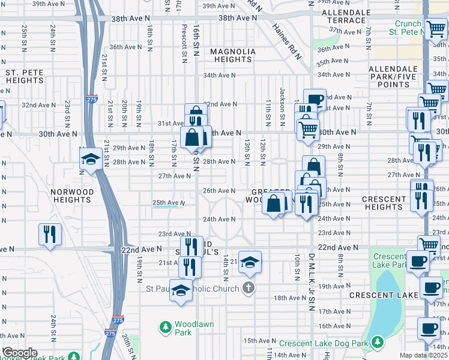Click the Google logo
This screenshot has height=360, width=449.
point(19,353)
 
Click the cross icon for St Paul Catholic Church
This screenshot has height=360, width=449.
point(249,287)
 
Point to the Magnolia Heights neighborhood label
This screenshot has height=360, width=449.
point(232,55)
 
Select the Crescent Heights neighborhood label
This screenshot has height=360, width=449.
point(384,203)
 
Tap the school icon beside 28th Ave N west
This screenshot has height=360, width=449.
point(91,159)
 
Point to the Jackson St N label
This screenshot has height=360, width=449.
point(282,103)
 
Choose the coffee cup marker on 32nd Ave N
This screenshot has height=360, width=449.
point(315,100)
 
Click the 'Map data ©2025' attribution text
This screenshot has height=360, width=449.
point(424,355)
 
